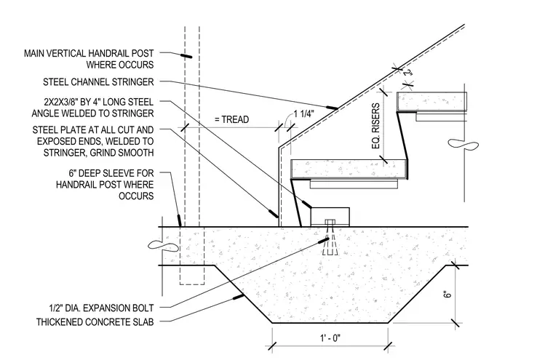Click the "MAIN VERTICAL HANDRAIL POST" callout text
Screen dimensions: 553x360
click(x=89, y=53)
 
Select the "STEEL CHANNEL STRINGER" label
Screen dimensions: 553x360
click(x=98, y=82)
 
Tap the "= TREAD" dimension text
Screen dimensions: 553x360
click(x=231, y=119)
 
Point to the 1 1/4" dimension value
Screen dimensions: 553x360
click(x=304, y=114)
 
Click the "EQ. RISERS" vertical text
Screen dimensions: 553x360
click(x=376, y=126)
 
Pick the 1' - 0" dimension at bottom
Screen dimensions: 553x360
click(x=330, y=338)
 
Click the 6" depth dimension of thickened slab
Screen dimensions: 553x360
click(x=447, y=294)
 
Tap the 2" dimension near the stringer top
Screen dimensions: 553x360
click(x=407, y=73)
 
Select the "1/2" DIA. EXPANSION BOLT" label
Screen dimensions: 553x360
click(x=101, y=308)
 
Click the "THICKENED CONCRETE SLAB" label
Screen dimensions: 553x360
click(x=95, y=322)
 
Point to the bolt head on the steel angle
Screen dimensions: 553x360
click(x=330, y=222)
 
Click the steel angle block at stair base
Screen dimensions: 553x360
click(x=330, y=217)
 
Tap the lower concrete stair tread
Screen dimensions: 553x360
click(x=349, y=169)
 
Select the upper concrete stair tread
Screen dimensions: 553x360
click(x=431, y=102)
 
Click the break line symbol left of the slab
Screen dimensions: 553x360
click(x=163, y=244)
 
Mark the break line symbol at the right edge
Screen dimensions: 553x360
click(x=463, y=144)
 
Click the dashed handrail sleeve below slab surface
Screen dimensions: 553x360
click(x=192, y=255)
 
